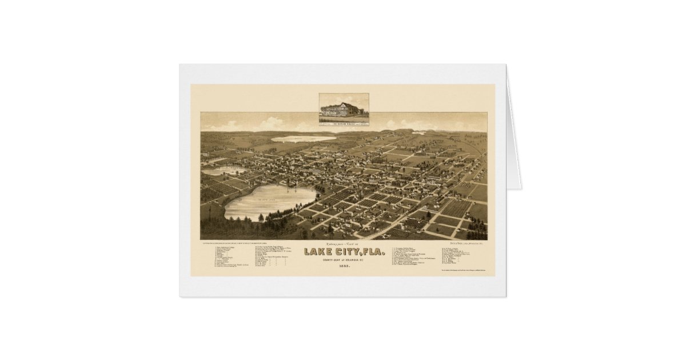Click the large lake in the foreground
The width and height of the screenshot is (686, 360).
point(269,201)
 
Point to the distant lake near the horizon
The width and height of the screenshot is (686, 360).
point(303,138)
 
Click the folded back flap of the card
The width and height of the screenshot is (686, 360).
point(514,143)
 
